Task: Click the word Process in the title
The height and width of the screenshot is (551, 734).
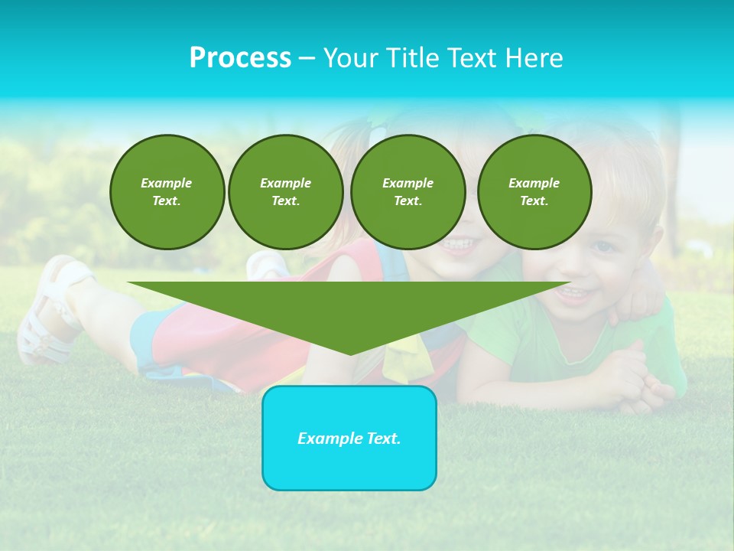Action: pyautogui.click(x=240, y=58)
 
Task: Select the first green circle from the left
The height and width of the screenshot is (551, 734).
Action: pyautogui.click(x=167, y=192)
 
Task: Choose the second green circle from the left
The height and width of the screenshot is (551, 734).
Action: pyautogui.click(x=285, y=192)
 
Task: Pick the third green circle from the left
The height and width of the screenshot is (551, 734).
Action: pyautogui.click(x=408, y=192)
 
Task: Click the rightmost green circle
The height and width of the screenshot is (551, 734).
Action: pyautogui.click(x=534, y=192)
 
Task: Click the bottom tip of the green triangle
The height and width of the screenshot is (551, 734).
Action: pyautogui.click(x=350, y=353)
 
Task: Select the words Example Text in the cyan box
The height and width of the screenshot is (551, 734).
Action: pyautogui.click(x=349, y=439)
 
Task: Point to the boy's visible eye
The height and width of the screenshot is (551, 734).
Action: pyautogui.click(x=604, y=246)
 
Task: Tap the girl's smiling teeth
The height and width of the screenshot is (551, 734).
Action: pyautogui.click(x=458, y=245)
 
